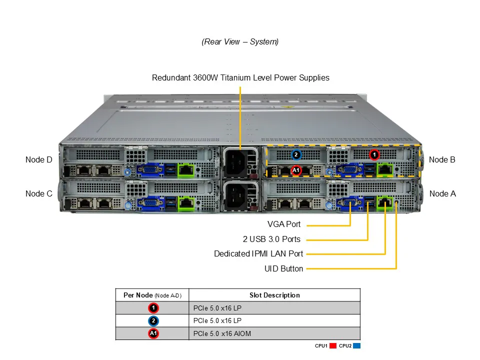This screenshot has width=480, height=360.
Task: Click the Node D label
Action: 38,160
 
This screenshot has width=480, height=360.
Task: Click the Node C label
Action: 38,193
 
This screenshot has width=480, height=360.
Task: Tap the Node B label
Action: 442,160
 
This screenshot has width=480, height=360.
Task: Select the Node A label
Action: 442,193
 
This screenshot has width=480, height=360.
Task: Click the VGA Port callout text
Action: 283,224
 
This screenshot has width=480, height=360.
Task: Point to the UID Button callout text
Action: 283,269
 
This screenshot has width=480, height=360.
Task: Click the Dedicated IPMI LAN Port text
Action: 258,254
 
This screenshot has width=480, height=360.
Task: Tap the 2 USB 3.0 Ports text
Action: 271,239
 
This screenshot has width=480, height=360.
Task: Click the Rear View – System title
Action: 240,42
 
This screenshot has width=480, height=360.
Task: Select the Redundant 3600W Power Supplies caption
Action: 240,77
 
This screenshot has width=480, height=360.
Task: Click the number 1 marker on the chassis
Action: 374,154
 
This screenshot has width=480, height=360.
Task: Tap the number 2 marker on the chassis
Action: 296,155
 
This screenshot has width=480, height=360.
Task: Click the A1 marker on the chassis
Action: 296,170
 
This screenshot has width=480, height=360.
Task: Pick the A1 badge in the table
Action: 153,333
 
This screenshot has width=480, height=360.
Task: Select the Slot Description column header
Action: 274,295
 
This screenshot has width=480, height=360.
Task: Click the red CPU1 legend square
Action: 333,346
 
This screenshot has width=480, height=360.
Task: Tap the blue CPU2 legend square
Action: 357,346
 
